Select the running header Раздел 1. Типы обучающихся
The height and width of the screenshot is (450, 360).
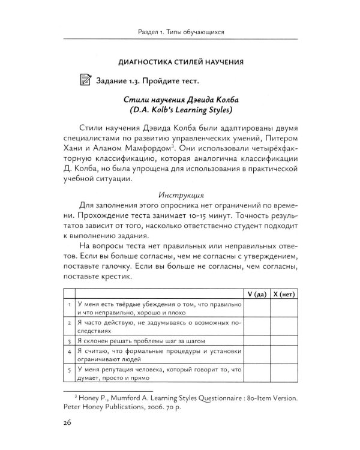coord(179,31)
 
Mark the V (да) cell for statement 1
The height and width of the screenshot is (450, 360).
coord(256,308)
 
